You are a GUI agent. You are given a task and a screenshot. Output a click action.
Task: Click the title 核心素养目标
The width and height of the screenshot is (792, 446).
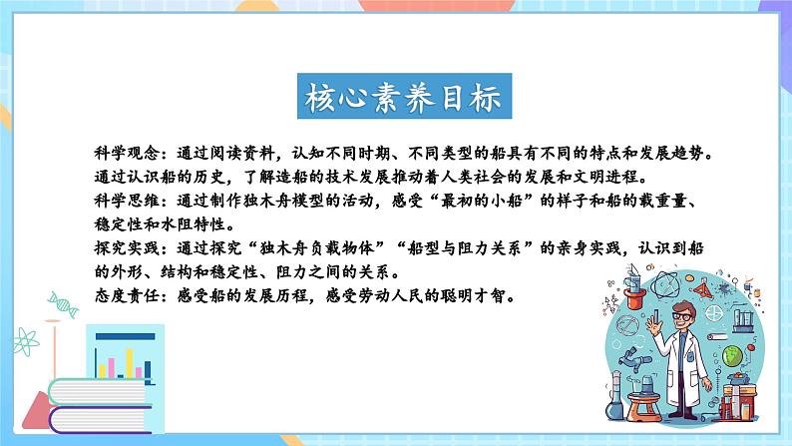click(395, 97)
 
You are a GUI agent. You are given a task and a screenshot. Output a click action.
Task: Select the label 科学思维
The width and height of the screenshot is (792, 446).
click(117, 201)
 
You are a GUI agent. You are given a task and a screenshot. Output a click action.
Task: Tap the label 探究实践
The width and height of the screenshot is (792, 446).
click(117, 247)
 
